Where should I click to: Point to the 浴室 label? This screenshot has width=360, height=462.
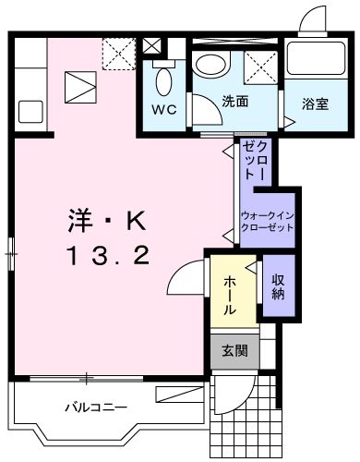click(x=316, y=103)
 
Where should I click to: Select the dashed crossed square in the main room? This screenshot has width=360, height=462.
click(x=116, y=52)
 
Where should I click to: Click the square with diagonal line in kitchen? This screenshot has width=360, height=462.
click(x=81, y=91)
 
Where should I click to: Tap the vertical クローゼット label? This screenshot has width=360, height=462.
click(x=255, y=163)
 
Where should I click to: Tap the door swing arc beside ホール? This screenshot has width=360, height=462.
click(x=186, y=277)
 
